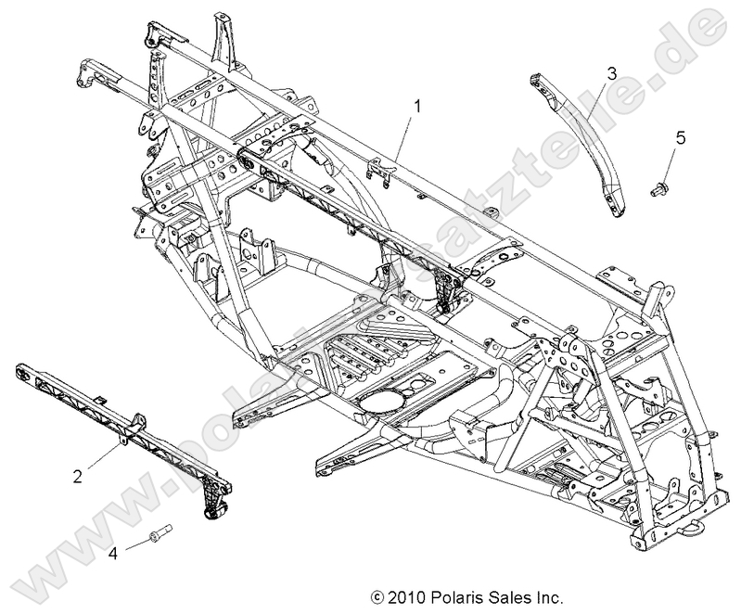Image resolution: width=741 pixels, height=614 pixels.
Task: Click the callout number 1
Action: coord(417,107)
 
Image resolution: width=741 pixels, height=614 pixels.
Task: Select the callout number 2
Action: coord(78,476)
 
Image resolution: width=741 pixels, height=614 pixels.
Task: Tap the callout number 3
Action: coord(612,72)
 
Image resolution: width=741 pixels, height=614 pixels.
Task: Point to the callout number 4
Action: coord(112,553)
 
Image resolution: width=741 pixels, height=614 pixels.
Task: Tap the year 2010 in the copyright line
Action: coord(403,597)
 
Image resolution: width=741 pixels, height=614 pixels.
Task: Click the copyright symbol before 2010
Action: coord(376,597)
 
